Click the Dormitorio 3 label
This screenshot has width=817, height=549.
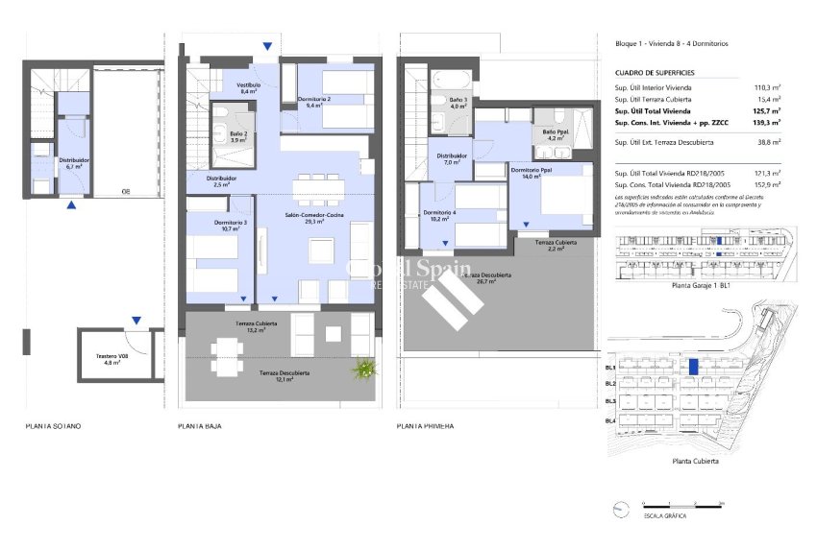231,226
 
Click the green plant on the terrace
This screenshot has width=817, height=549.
364,368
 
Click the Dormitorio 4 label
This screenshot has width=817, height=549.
440,215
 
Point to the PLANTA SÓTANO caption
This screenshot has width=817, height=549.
54,425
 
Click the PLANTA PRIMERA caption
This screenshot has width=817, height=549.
425,425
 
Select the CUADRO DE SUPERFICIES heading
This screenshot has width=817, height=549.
654,73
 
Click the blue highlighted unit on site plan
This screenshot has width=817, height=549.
694,366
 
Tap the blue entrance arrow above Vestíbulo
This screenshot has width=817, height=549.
267,46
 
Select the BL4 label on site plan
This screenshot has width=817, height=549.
610,422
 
